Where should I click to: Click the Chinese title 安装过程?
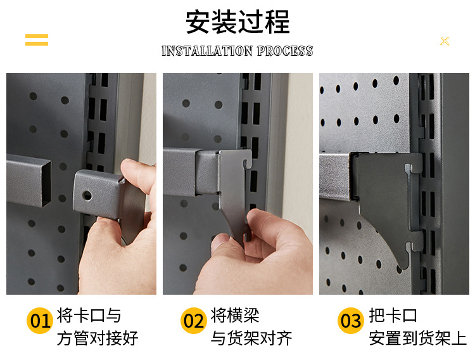(237, 23)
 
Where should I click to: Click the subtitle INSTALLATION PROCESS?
(237, 51)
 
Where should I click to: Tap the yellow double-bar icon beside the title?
(37, 40)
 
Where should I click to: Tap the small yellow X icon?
(445, 41)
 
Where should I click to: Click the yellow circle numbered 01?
(39, 321)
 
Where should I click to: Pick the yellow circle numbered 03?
(350, 321)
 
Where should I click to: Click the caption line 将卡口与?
(89, 316)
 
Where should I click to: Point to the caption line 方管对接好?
(98, 338)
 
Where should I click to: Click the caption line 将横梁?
(235, 316)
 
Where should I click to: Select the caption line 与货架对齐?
(251, 338)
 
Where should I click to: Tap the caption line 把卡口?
(393, 316)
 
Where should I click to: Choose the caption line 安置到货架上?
(418, 338)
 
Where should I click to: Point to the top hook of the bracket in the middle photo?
(246, 160)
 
